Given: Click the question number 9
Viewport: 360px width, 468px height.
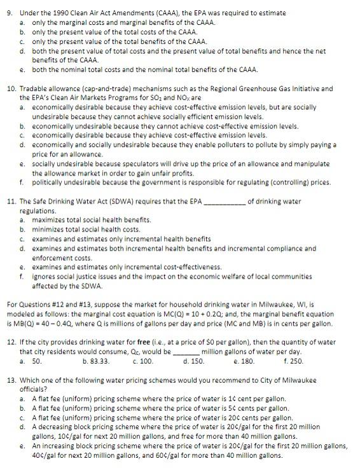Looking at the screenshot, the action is [x=10, y=13].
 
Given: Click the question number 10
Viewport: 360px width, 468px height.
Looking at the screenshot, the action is [x=11, y=88].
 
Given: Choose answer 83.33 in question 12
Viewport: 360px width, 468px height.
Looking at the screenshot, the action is [x=100, y=361].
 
